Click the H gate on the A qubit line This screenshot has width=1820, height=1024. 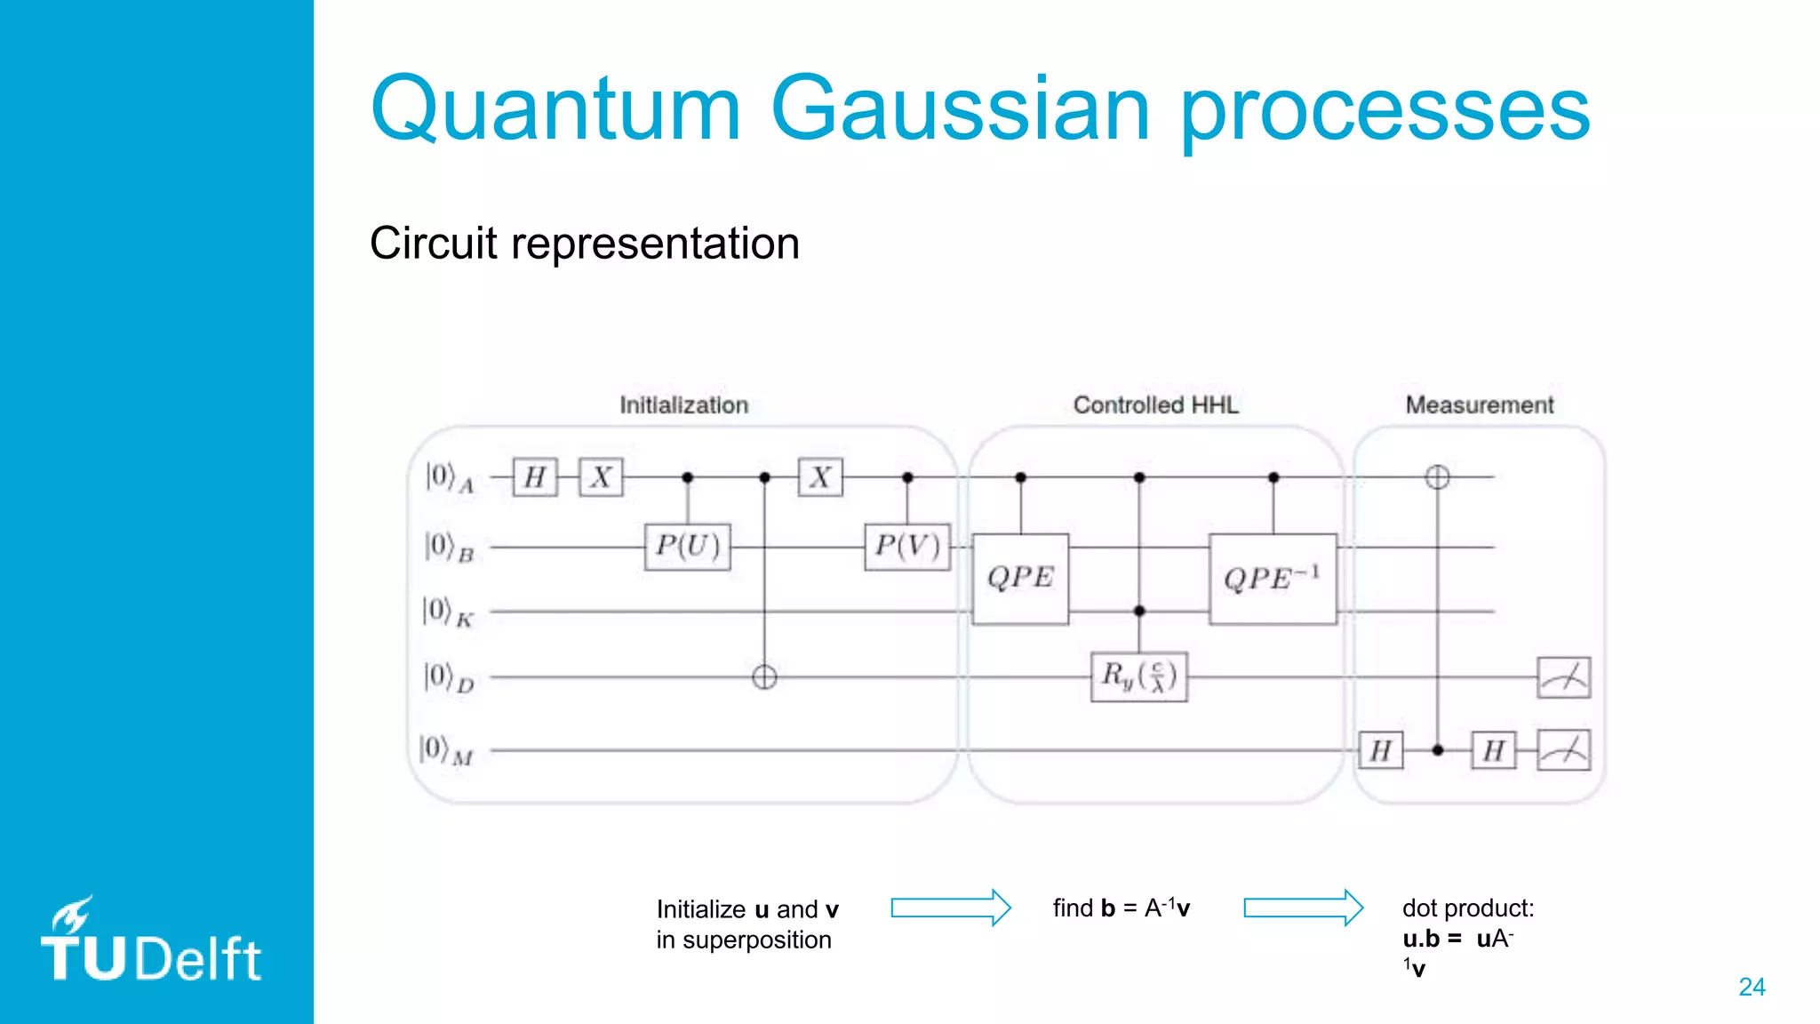535,477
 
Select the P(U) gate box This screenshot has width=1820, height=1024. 687,546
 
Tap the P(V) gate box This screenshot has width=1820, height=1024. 907,546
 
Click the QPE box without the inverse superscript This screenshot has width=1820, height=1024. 1020,579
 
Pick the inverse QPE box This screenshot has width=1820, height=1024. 1273,579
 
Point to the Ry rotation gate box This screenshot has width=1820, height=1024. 1138,677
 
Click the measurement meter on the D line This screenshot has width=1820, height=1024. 1563,678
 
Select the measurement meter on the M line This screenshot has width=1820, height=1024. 1563,751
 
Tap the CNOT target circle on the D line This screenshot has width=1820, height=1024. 764,678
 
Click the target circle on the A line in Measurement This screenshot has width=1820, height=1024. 1437,477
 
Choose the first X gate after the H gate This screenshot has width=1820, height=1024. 601,477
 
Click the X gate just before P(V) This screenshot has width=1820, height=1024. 820,477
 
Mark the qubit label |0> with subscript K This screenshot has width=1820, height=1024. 448,612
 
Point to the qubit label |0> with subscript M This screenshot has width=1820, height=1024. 446,750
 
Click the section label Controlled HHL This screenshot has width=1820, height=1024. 1155,405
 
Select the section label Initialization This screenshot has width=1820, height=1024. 683,405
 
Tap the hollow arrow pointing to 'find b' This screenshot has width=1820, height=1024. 951,908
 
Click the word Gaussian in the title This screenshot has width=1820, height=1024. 960,108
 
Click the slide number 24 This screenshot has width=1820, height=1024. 1752,987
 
